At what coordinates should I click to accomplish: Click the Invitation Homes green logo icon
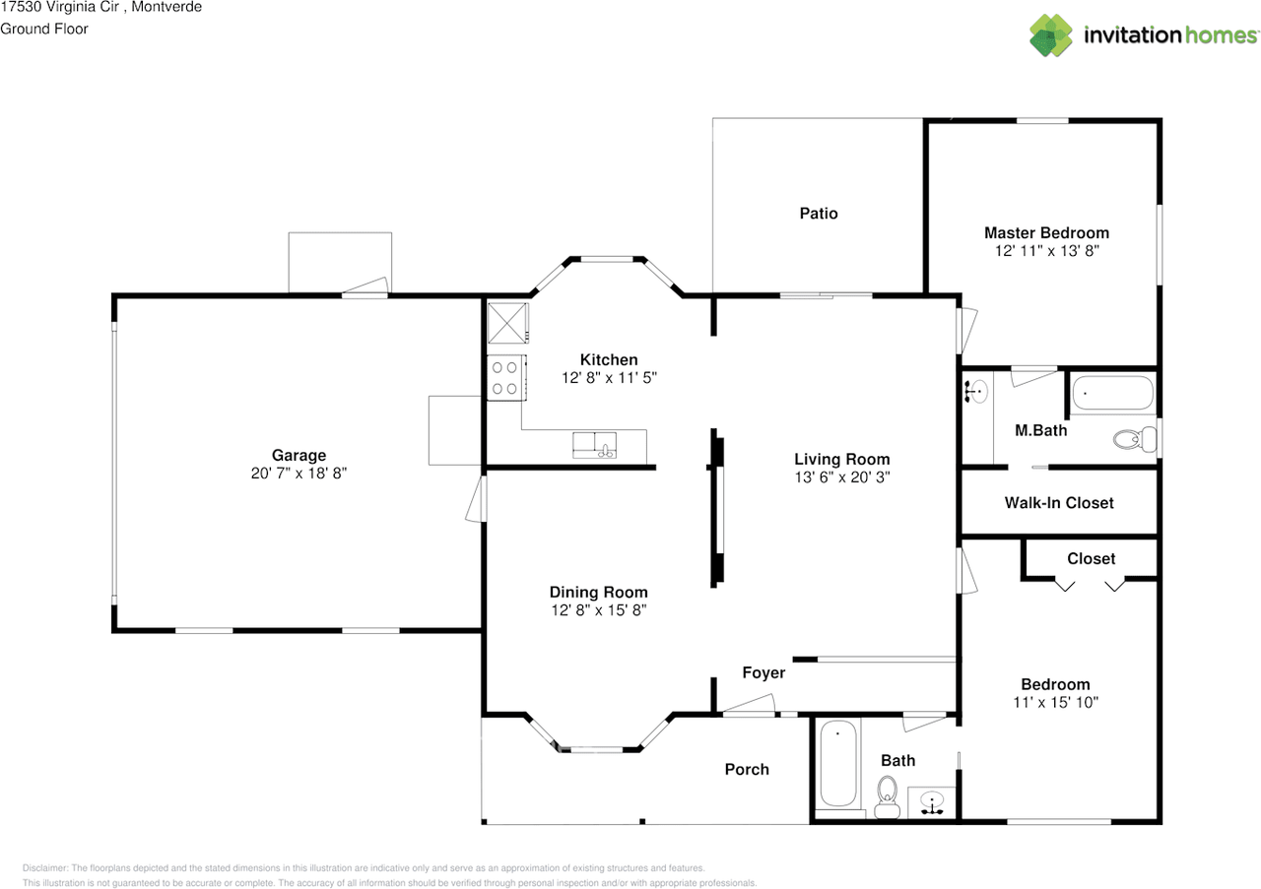click(1050, 34)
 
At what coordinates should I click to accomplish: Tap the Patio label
click(819, 214)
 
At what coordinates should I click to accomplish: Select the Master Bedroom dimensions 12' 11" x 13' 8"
click(1046, 251)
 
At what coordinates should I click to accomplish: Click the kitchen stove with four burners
click(506, 377)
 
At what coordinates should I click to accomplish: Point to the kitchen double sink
click(594, 445)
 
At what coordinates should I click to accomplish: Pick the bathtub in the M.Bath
click(1113, 393)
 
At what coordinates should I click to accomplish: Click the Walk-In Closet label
click(1059, 502)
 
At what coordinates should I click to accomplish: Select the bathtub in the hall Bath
click(838, 764)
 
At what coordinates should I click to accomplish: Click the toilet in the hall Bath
click(888, 796)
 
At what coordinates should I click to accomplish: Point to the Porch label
click(747, 769)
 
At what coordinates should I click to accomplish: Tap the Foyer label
click(763, 673)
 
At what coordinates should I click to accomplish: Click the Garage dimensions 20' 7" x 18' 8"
click(299, 474)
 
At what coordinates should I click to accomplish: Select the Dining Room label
click(598, 592)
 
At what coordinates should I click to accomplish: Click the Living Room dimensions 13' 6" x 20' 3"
click(842, 477)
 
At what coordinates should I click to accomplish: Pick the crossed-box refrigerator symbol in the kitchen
click(507, 323)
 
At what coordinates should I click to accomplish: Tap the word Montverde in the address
click(166, 7)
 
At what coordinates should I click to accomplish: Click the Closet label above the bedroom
click(1091, 559)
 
